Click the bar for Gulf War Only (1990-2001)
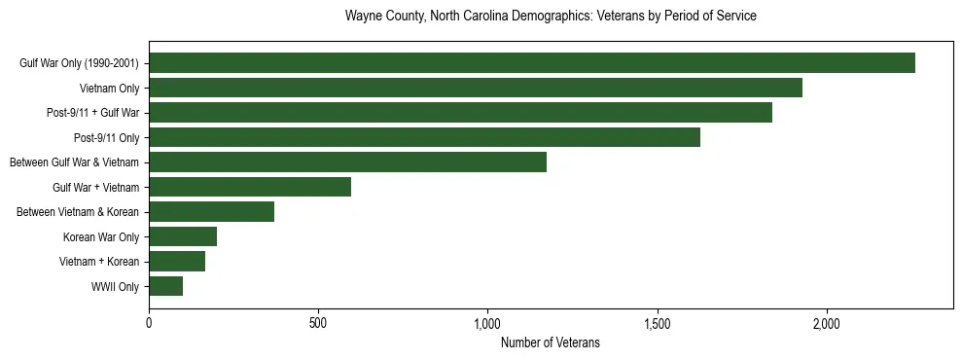point(532,63)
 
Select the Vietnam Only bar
point(476,88)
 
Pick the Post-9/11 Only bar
point(424,137)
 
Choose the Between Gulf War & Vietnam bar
point(347,162)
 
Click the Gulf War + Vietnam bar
point(250,187)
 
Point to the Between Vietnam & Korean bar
point(211,211)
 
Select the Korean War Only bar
point(183,236)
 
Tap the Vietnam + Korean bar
point(177,261)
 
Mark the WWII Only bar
point(165,286)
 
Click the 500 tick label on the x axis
point(318,323)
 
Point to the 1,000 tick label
point(487,323)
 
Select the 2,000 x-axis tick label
point(827,323)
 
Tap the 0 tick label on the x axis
point(149,323)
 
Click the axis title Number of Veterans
point(550,342)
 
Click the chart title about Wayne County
point(551,17)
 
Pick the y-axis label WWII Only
point(115,286)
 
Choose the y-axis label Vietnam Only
point(110,88)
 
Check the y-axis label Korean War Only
point(101,236)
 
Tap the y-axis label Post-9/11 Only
point(106,137)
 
